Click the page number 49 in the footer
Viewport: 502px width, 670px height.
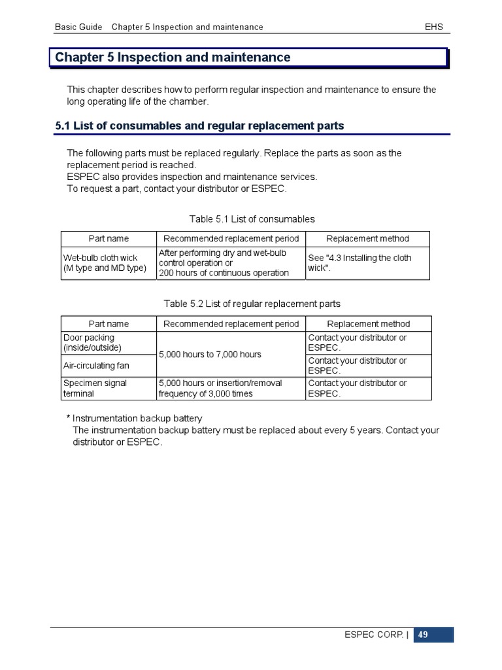(x=423, y=635)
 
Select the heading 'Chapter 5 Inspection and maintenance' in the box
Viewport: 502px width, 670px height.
(x=173, y=58)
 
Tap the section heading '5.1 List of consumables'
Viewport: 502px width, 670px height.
(x=199, y=126)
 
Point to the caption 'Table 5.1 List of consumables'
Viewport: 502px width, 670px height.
(x=252, y=219)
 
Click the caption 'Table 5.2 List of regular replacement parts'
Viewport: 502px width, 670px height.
(x=252, y=304)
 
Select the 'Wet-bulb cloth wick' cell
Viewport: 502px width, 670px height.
(x=105, y=263)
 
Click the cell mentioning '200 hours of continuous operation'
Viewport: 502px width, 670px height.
(x=224, y=263)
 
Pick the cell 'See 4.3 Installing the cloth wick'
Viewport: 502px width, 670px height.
(x=360, y=263)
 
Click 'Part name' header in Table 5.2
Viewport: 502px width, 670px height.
(x=109, y=324)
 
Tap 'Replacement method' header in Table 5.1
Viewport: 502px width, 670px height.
(x=367, y=239)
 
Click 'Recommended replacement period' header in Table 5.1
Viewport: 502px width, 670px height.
(x=231, y=239)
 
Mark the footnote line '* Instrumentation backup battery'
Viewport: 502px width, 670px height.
(x=134, y=418)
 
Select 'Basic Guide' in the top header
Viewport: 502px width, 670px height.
(x=78, y=27)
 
